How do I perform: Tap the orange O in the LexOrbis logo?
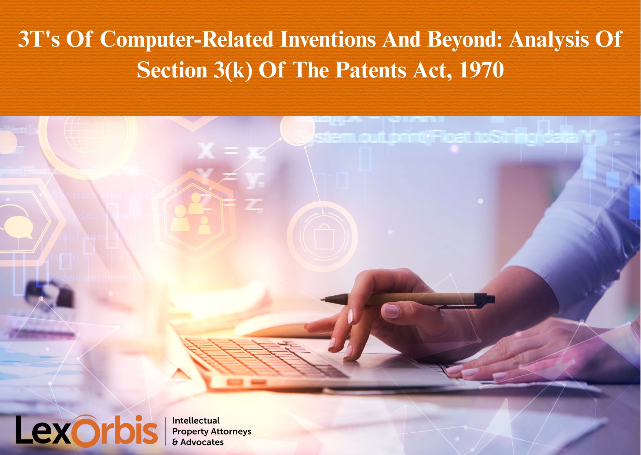87,432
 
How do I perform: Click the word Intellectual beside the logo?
196,421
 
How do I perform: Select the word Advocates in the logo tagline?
202,442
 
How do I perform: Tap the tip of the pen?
322,299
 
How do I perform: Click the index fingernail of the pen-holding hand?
391,311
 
